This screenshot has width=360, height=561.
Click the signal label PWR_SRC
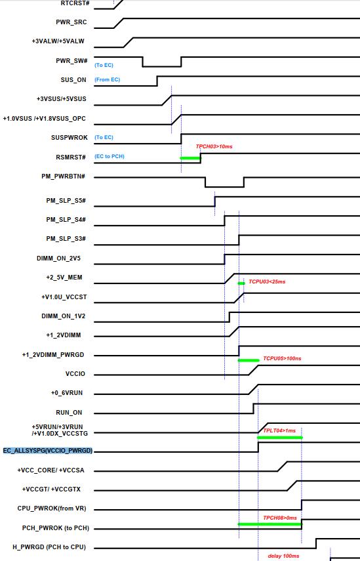(71, 22)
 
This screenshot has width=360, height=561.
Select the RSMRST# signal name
(71, 157)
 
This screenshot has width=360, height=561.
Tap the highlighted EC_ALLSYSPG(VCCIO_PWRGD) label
(48, 451)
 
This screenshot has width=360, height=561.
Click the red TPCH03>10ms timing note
(214, 146)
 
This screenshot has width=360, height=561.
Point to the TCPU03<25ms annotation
(267, 281)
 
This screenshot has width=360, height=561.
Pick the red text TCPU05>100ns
(282, 358)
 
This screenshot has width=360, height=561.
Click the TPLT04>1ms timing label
(279, 430)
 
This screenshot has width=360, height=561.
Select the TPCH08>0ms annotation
(280, 518)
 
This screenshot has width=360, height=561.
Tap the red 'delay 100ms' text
(283, 556)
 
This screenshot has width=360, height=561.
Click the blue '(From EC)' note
(108, 79)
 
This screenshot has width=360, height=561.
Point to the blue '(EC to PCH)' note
(110, 156)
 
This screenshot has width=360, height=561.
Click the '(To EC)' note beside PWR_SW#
(104, 65)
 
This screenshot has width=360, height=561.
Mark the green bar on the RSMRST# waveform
(190, 157)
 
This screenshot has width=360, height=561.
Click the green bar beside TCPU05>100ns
(249, 360)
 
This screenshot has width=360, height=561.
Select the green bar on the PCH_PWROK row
(270, 524)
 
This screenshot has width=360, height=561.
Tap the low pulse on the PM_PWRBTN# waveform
(224, 186)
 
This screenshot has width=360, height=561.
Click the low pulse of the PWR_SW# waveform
(162, 66)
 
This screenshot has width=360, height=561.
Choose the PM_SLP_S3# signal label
(66, 239)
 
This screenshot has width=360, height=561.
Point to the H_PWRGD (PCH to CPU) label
(49, 547)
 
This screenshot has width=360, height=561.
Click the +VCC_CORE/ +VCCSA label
(50, 470)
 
